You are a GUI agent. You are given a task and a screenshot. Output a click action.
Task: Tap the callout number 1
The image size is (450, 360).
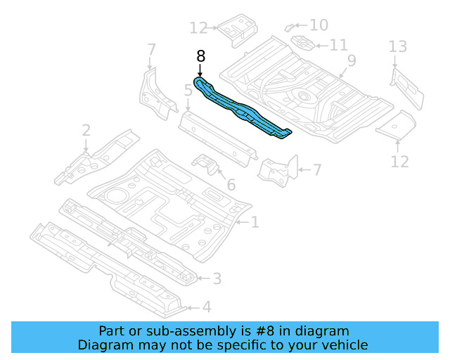pyautogui.click(x=255, y=223)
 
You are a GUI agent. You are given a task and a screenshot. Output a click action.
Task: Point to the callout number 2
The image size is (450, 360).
pyautogui.click(x=86, y=130)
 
